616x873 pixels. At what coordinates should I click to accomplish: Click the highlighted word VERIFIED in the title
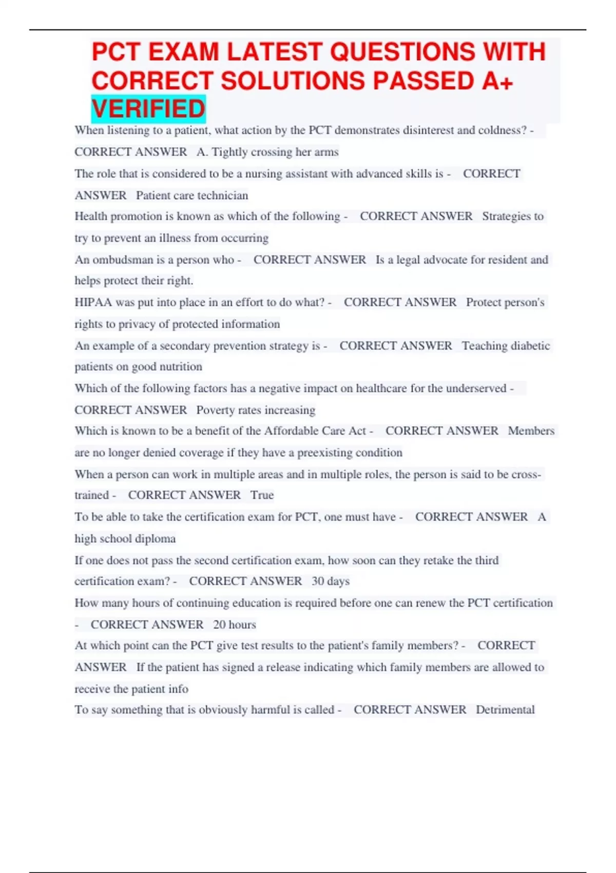tap(148, 109)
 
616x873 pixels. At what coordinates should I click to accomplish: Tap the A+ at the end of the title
tap(497, 81)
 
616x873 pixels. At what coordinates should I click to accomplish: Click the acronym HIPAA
tap(93, 302)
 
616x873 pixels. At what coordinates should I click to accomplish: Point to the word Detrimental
tap(505, 710)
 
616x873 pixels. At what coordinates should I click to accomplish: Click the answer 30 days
tap(331, 581)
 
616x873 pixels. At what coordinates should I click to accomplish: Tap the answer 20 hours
tap(235, 624)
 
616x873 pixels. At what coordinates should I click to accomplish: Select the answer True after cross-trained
tap(262, 495)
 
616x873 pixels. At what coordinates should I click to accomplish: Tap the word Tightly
tap(230, 152)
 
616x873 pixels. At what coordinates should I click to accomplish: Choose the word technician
tap(223, 196)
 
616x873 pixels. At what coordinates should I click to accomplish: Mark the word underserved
tap(476, 388)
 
